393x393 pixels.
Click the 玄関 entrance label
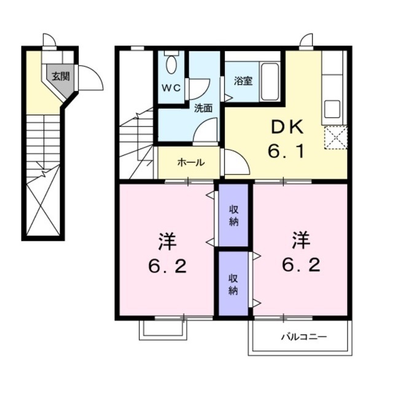[x=61, y=76]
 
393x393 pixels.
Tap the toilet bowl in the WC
[x=171, y=64]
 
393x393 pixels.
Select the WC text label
[x=171, y=88]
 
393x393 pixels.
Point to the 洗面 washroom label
[x=203, y=108]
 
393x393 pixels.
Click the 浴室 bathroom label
[x=243, y=80]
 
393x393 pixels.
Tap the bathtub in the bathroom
[x=270, y=82]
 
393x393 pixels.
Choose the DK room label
[x=287, y=127]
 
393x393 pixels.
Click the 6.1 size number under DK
[x=287, y=151]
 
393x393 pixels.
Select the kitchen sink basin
[x=332, y=109]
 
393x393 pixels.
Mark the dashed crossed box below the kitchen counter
[x=336, y=138]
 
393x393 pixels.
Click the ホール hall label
[x=191, y=163]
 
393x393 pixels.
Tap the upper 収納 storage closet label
[x=233, y=216]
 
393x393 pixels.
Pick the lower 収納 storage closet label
[x=233, y=284]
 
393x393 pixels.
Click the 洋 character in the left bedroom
[x=168, y=242]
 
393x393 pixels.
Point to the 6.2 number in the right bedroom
[x=302, y=265]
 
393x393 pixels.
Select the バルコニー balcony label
[x=304, y=337]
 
